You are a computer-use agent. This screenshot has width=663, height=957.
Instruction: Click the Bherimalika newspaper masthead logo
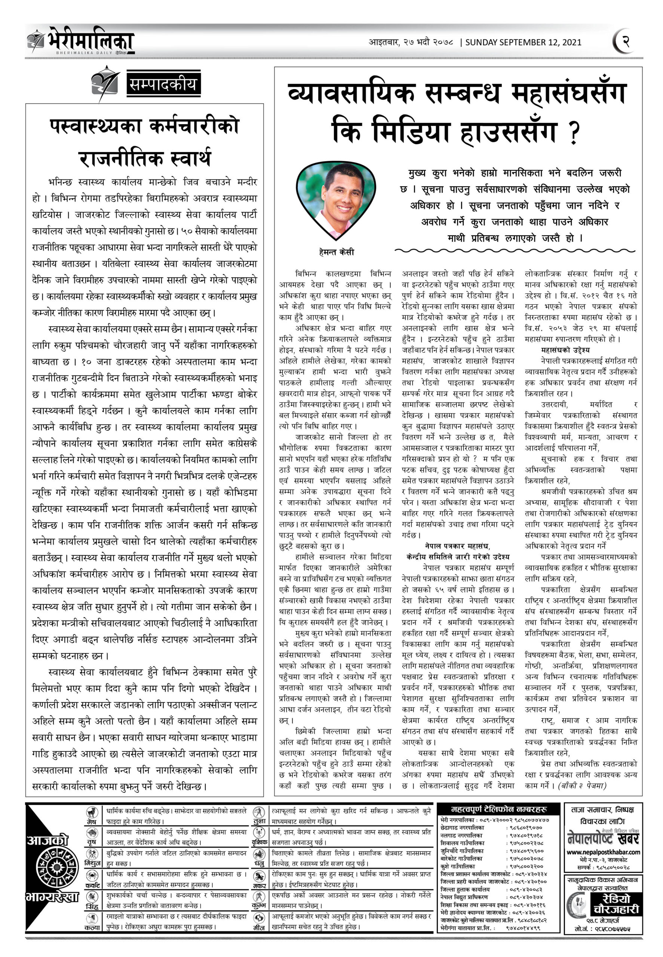81,41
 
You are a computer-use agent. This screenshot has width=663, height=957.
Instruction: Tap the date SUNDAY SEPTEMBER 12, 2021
523,42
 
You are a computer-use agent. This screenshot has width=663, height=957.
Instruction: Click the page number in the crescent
626,41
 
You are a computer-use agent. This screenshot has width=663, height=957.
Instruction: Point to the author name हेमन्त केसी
337,252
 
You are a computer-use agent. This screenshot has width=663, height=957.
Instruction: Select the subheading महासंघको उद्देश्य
565,350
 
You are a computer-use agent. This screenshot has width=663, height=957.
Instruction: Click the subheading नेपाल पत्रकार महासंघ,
457,545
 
